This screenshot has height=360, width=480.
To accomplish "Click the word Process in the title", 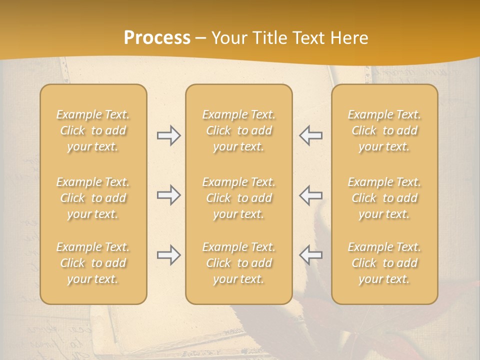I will (x=157, y=38).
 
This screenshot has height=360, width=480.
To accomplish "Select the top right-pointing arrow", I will (x=168, y=135).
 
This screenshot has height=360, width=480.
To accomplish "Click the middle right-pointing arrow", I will (x=168, y=195).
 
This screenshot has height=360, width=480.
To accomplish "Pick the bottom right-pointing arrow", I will (x=168, y=255).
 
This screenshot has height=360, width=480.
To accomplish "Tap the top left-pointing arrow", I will (x=310, y=135).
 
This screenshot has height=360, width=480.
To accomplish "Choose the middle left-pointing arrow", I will (x=310, y=195).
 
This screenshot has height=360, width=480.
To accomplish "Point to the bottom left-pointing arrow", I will (x=310, y=255).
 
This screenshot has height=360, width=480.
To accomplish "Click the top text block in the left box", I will (x=93, y=130).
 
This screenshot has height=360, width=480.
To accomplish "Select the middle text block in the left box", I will (x=93, y=198).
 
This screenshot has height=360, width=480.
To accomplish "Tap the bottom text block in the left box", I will (x=93, y=263).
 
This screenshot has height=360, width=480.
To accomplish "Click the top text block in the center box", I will (x=239, y=130).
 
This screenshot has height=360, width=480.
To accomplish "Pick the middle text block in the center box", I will (x=239, y=198).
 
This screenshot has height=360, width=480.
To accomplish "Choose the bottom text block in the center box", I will (x=239, y=263).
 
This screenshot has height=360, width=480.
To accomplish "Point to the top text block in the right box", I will (x=384, y=130).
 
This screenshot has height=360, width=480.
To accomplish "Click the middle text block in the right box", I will (x=384, y=198).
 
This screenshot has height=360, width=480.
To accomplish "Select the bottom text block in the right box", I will (x=384, y=263).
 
